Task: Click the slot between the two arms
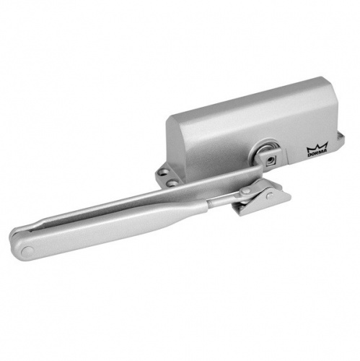coord(108,220)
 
